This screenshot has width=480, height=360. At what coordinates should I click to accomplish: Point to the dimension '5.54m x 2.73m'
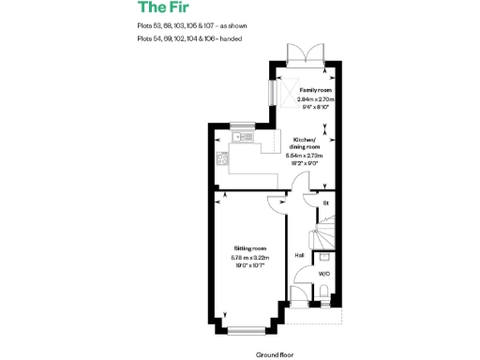(305, 156)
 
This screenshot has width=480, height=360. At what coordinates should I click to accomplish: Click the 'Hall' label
(299, 255)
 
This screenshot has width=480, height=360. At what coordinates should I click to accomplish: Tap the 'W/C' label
(322, 274)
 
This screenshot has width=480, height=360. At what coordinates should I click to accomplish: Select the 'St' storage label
(326, 202)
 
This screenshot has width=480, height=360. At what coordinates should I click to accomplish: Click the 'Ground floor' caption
(275, 355)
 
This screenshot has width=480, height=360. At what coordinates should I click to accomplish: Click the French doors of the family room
(306, 53)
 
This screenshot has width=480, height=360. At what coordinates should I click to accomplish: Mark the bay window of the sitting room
(247, 327)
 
